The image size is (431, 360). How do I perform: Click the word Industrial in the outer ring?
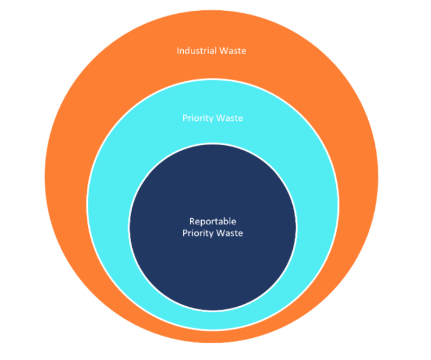pyautogui.click(x=196, y=51)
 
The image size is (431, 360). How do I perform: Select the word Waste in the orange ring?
pyautogui.click(x=233, y=51)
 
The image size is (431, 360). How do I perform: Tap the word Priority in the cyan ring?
pyautogui.click(x=198, y=118)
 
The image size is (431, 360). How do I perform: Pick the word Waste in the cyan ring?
pyautogui.click(x=229, y=118)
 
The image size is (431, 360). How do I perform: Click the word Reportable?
pyautogui.click(x=213, y=221)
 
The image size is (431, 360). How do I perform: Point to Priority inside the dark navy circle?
pyautogui.click(x=198, y=233)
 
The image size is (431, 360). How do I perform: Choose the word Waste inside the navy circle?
pyautogui.click(x=229, y=233)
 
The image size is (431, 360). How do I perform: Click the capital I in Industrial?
pyautogui.click(x=178, y=51)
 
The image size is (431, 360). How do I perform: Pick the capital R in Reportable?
pyautogui.click(x=192, y=221)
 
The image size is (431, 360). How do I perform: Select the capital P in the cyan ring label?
pyautogui.click(x=185, y=118)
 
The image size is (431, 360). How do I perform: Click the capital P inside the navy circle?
pyautogui.click(x=185, y=233)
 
